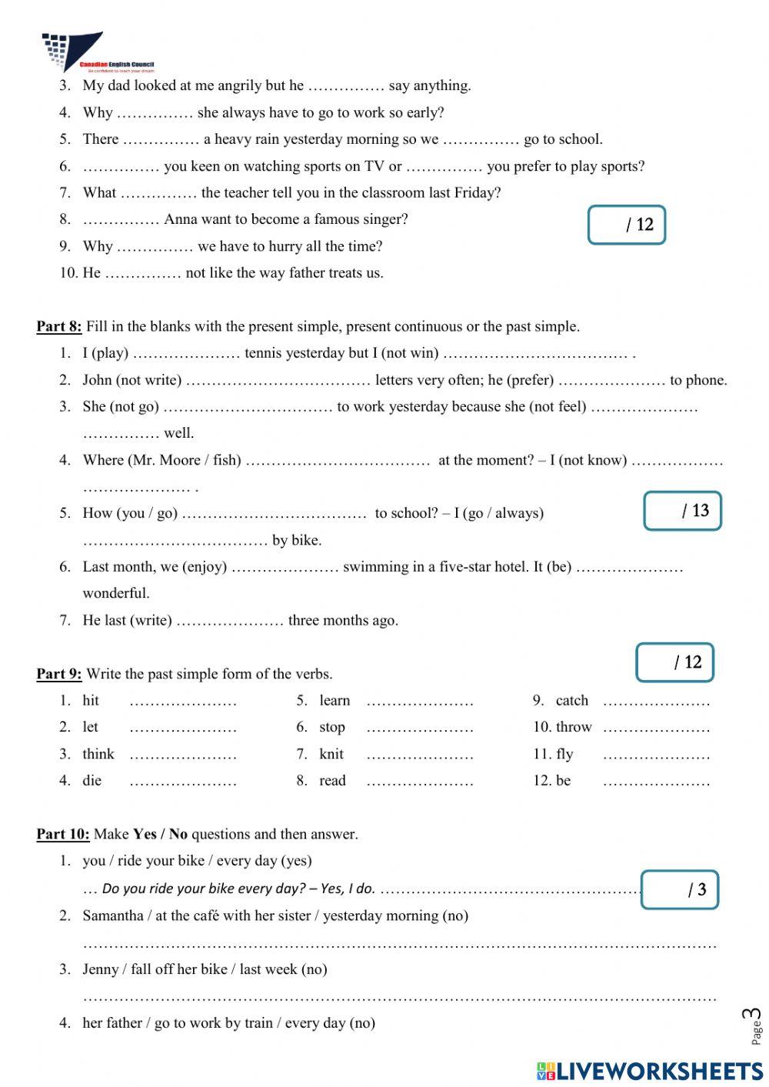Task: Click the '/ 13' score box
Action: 682,511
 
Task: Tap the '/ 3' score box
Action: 680,890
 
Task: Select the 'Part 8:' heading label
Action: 58,326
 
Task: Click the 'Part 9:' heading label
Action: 58,674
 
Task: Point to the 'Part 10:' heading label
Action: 62,834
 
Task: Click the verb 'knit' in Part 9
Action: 331,754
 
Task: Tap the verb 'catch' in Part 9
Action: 571,700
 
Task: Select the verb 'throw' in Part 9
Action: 573,727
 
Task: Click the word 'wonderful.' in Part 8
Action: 116,593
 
